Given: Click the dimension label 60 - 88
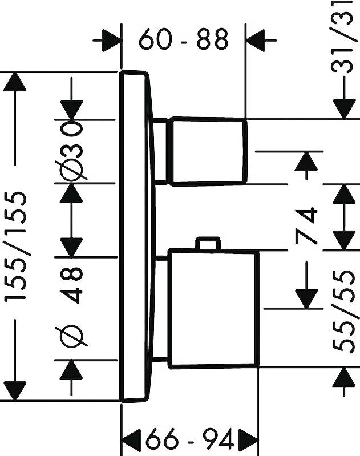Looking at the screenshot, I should (183, 39).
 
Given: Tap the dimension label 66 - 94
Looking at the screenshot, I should (190, 440).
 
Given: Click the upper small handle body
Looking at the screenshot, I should (209, 151).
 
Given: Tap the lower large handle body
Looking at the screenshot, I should (215, 308).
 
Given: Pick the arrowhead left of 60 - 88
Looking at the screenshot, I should (111, 41).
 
